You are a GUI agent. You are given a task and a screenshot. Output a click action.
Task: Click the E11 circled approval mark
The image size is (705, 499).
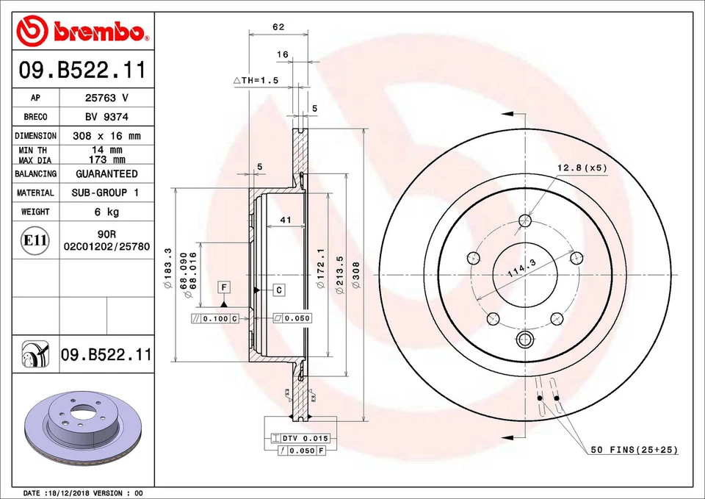(35, 240)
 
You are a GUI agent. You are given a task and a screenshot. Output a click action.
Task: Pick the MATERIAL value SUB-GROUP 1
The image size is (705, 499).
(106, 193)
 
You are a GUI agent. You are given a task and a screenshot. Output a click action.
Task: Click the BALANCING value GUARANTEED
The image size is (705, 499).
(106, 174)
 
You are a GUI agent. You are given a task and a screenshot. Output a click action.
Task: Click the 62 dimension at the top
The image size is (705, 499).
(278, 27)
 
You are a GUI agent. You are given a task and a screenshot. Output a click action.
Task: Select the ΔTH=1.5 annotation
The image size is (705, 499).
(256, 80)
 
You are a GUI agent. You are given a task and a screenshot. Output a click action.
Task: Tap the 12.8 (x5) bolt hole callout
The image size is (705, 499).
(582, 168)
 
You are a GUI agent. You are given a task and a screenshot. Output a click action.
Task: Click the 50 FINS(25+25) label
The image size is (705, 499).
(634, 449)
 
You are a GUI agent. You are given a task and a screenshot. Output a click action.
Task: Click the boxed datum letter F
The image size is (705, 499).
(223, 286)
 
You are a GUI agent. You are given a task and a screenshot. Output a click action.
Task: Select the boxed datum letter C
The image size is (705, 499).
(279, 290)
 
